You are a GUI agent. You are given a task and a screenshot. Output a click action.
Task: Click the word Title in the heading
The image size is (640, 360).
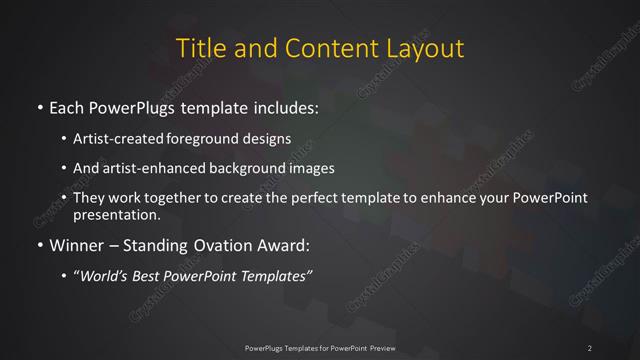200,47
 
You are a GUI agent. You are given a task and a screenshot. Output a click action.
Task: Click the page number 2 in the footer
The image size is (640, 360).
591,347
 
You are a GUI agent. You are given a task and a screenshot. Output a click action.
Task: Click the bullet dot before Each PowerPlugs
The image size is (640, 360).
39,106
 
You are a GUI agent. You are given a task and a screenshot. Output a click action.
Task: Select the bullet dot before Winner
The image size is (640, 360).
39,243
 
